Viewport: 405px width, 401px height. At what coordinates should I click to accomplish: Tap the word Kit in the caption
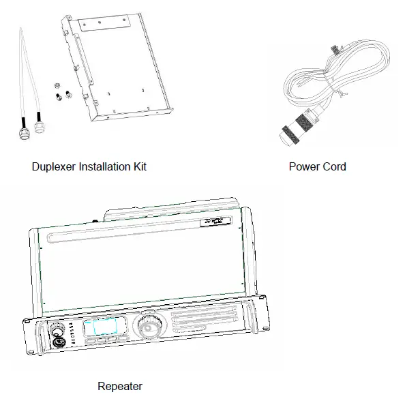coord(138,166)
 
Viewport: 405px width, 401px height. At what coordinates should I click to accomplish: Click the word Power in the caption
coord(303,166)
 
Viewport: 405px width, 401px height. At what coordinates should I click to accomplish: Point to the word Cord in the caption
coord(334,166)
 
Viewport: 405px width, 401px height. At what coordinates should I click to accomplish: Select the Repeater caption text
coord(120,386)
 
